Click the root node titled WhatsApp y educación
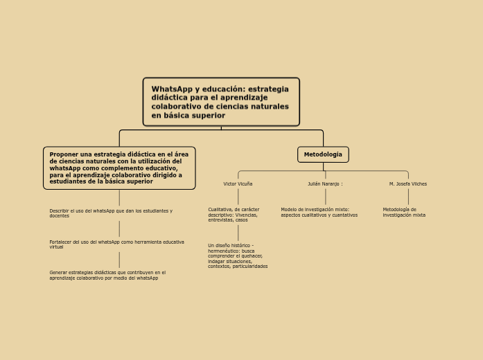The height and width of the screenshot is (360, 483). (221, 102)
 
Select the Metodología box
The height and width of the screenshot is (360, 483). (323, 154)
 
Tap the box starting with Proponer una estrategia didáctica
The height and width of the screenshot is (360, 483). (119, 168)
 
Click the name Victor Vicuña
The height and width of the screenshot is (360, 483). (238, 184)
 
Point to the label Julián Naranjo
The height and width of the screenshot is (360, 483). (325, 184)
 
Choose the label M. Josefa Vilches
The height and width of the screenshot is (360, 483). (408, 184)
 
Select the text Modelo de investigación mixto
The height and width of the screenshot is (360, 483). (319, 212)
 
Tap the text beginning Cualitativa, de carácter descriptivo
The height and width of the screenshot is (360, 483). (234, 214)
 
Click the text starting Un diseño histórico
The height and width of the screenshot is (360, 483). (237, 255)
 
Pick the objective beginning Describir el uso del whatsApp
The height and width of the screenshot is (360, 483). (111, 213)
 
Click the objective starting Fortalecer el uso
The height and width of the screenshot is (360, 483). (116, 244)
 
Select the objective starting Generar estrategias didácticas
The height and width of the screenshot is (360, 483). (107, 275)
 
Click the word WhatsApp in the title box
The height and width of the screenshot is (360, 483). (172, 89)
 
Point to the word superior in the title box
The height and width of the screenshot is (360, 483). (210, 116)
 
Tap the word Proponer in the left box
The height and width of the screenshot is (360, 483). (64, 154)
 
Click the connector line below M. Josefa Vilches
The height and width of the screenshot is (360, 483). (408, 197)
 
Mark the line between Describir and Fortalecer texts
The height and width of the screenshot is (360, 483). (119, 228)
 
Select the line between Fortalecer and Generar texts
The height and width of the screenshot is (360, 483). (119, 260)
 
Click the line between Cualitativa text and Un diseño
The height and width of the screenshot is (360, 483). (238, 233)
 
